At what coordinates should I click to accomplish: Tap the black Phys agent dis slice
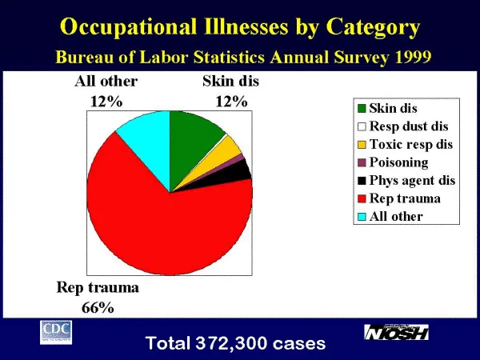pos(241,170)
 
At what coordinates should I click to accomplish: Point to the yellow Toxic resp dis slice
pos(231,148)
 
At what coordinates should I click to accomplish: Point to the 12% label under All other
pos(106,101)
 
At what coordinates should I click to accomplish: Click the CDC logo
pos(56,330)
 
